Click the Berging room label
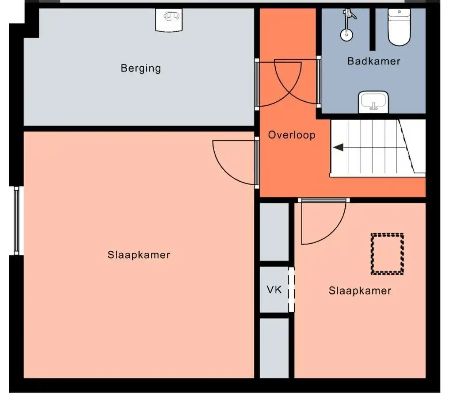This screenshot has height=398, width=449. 141,68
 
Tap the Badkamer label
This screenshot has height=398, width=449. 374,61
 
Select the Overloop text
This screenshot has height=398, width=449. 292,135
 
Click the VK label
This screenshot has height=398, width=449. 274,290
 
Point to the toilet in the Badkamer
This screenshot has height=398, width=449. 399,27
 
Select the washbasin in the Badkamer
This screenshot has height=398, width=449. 373,102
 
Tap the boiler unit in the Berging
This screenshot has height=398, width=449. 169,19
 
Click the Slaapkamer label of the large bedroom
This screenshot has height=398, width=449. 139,255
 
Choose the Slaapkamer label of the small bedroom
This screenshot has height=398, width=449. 360,291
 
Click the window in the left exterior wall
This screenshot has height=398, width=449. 17,221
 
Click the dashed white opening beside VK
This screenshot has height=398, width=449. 291,289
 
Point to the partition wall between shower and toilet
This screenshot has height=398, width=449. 372,30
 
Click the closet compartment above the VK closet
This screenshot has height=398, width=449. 274,232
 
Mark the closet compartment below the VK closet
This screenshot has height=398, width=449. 274,348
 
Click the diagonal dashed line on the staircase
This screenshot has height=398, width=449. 407,146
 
